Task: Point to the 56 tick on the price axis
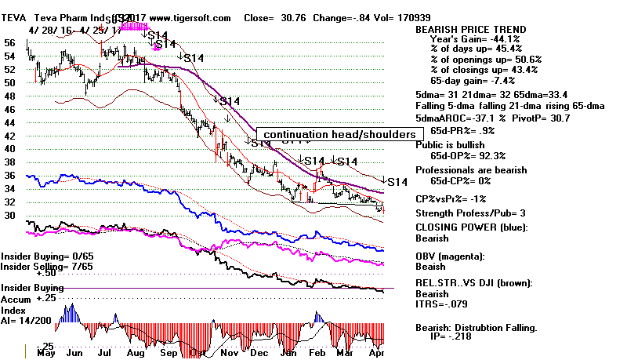coord(10,43)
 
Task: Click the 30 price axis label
coord(10,213)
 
